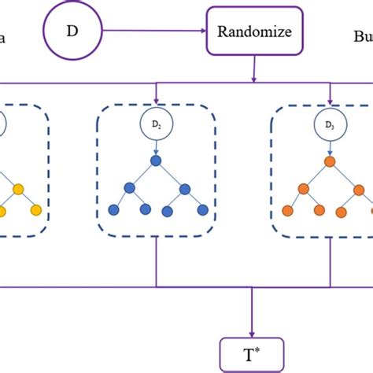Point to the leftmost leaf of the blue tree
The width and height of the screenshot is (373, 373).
tap(113, 211)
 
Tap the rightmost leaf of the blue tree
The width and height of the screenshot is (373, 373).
tap(202, 211)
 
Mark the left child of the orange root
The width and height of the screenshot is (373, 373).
tap(301, 189)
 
